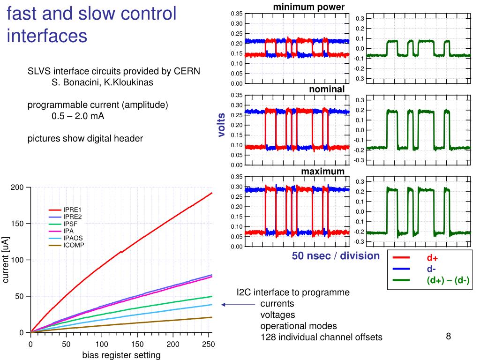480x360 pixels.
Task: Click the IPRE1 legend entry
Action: pyautogui.click(x=72, y=210)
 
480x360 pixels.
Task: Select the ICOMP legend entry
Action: pyautogui.click(x=74, y=245)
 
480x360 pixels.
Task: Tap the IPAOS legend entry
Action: pyautogui.click(x=73, y=238)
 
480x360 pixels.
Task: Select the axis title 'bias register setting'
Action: pyautogui.click(x=121, y=355)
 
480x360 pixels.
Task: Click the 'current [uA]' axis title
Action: pyautogui.click(x=6, y=260)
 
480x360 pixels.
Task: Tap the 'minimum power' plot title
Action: pyautogui.click(x=309, y=7)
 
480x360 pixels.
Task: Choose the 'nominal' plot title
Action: pyautogui.click(x=326, y=89)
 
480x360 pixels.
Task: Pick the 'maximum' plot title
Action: pyautogui.click(x=322, y=171)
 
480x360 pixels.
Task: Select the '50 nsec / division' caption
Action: pyautogui.click(x=336, y=256)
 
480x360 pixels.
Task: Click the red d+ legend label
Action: pyautogui.click(x=432, y=258)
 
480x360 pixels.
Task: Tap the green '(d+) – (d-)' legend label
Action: pyautogui.click(x=448, y=280)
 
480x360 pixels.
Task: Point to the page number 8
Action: pyautogui.click(x=448, y=336)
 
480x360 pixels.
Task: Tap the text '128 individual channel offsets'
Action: pyautogui.click(x=321, y=337)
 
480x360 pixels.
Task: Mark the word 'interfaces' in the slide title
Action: pyautogui.click(x=47, y=35)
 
